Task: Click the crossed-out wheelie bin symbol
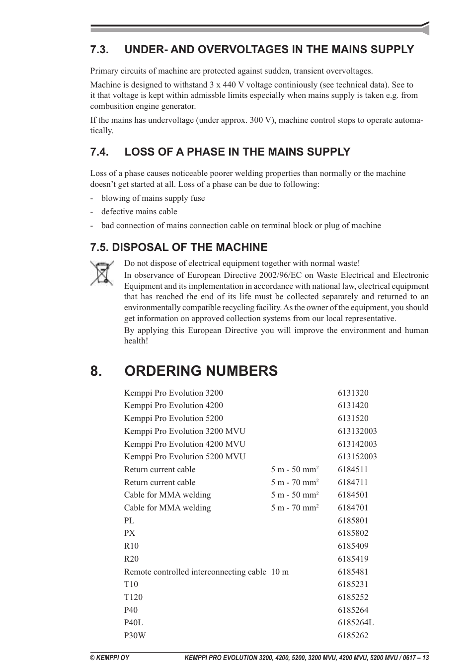click(102, 273)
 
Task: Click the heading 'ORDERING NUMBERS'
click(201, 371)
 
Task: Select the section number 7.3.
click(99, 49)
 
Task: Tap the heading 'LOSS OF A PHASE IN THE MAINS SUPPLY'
click(237, 152)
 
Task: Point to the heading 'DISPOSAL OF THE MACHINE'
click(179, 247)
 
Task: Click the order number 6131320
click(353, 393)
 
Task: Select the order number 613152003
click(357, 456)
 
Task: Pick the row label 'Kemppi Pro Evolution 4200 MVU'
click(184, 444)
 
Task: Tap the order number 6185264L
click(355, 622)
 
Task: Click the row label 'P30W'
click(135, 635)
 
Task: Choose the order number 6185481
click(353, 572)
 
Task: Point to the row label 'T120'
click(133, 597)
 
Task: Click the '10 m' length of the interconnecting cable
click(280, 572)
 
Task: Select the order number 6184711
click(353, 482)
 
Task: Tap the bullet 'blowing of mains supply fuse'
click(153, 198)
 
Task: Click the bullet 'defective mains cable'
click(139, 211)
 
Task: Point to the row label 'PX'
click(130, 533)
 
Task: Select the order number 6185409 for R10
click(353, 546)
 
